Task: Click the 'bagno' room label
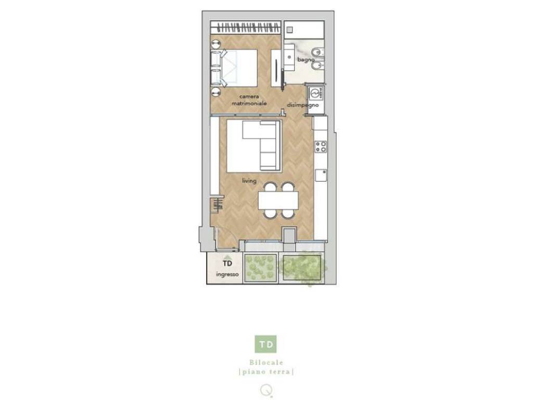pyautogui.click(x=306, y=59)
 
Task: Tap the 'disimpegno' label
pyautogui.click(x=303, y=105)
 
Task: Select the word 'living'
pyautogui.click(x=249, y=181)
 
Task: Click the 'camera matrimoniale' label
pyautogui.click(x=249, y=100)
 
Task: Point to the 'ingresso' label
pyautogui.click(x=227, y=274)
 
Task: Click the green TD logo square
pyautogui.click(x=265, y=344)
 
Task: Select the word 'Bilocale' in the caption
pyautogui.click(x=266, y=362)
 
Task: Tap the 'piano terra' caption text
pyautogui.click(x=266, y=372)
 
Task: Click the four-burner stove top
pyautogui.click(x=321, y=146)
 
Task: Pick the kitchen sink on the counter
pyautogui.click(x=321, y=175)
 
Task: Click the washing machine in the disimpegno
pyautogui.click(x=316, y=93)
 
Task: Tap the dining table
pyautogui.click(x=278, y=201)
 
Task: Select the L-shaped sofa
pyautogui.click(x=261, y=146)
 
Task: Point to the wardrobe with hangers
pyautogui.click(x=246, y=28)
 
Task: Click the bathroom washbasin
pyautogui.click(x=289, y=57)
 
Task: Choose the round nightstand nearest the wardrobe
pyautogui.click(x=215, y=44)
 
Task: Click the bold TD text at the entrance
pyautogui.click(x=227, y=263)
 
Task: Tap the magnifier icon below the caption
pyautogui.click(x=266, y=390)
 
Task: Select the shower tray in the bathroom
pyautogui.click(x=304, y=30)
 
